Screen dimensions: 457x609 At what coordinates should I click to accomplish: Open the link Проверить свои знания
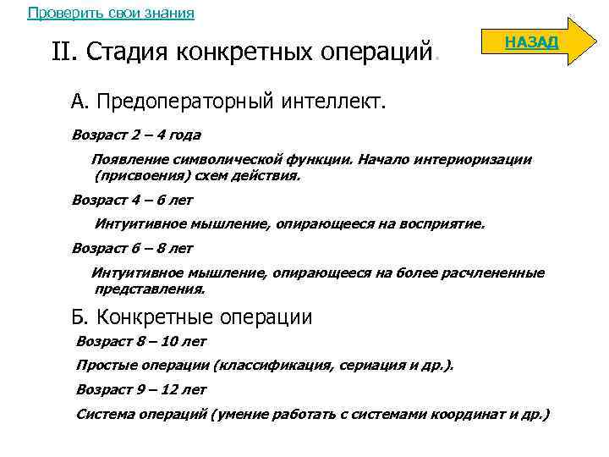(x=111, y=13)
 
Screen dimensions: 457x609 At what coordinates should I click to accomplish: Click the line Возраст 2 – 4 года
(x=136, y=135)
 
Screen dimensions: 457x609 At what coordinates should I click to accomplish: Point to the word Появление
(x=128, y=161)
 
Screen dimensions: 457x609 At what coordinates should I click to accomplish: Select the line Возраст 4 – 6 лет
(x=133, y=201)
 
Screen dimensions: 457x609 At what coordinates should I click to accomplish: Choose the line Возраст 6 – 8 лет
(x=133, y=249)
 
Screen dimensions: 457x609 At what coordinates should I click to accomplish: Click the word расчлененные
(x=495, y=273)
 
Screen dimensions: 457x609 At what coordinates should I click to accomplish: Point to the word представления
(x=149, y=289)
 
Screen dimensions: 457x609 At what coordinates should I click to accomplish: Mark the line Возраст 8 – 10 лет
(x=141, y=341)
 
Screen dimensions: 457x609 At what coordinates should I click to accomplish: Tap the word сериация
(x=376, y=365)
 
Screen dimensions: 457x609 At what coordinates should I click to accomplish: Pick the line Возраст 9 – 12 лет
(x=141, y=389)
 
